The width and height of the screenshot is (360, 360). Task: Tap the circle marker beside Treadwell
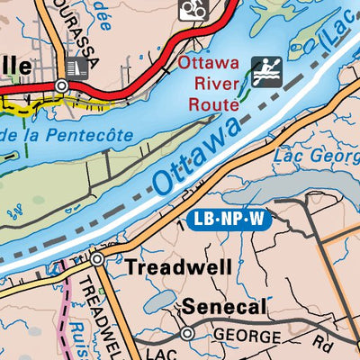pos(97,259)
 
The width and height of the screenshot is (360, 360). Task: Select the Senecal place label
pos(225,308)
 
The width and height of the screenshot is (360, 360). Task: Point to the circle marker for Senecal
pos(187,333)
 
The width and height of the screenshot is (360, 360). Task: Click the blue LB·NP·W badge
pos(231,219)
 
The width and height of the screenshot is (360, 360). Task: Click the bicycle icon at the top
pos(192,9)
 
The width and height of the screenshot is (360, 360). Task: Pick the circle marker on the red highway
pos(61,85)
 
